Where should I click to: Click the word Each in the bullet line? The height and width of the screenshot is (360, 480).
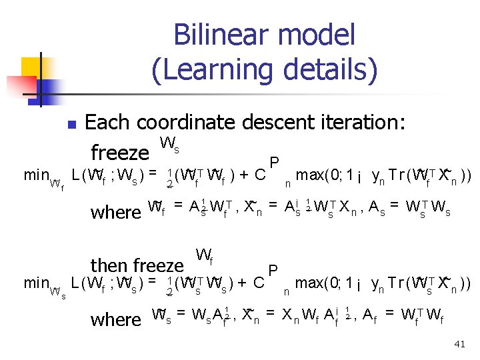point(109,122)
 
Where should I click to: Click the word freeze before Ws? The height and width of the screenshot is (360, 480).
point(119,153)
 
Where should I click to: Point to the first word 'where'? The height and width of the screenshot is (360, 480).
point(115,212)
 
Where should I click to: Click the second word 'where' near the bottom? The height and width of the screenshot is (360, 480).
point(115,319)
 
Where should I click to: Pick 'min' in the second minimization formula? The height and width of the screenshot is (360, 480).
point(36,283)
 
